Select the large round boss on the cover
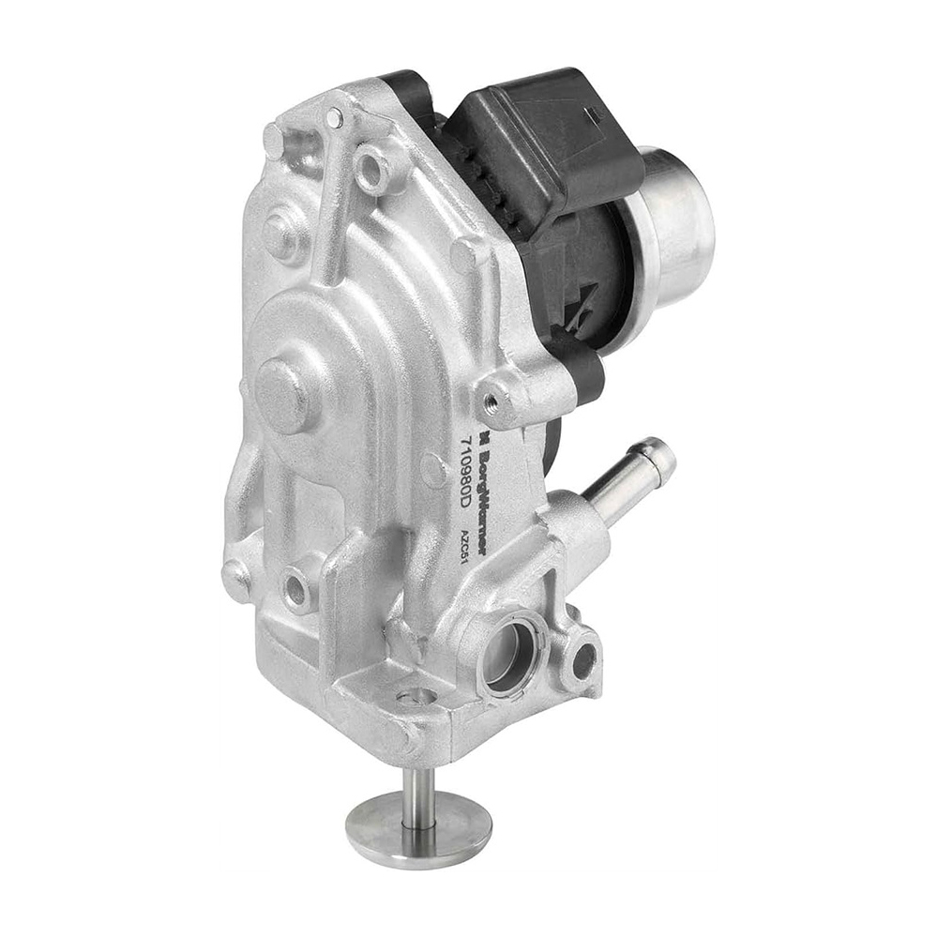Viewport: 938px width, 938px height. (281, 395)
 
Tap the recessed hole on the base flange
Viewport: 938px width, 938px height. (416, 696)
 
